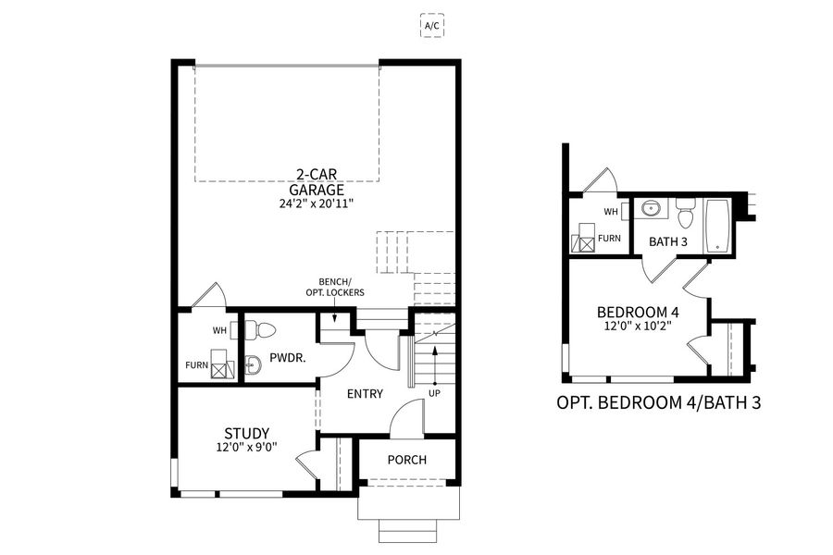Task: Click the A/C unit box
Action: (432, 26)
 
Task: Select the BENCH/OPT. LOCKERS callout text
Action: (335, 287)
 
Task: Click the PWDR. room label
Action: (282, 357)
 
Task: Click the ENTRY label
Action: (365, 394)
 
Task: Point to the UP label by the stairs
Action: (433, 392)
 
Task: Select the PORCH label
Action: (407, 460)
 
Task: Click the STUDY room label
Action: (247, 433)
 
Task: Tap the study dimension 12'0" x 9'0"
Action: (247, 450)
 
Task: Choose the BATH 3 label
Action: (667, 242)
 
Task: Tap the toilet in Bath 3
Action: (685, 216)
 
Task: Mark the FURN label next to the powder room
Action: (195, 365)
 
